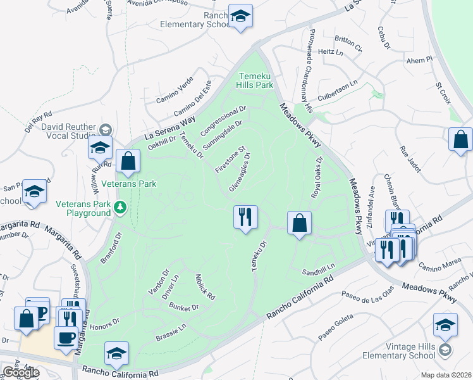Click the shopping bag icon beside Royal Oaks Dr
[x=300, y=223]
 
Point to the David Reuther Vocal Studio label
[x=68, y=131]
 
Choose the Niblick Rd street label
[x=206, y=287]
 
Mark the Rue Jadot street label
[x=410, y=156]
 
